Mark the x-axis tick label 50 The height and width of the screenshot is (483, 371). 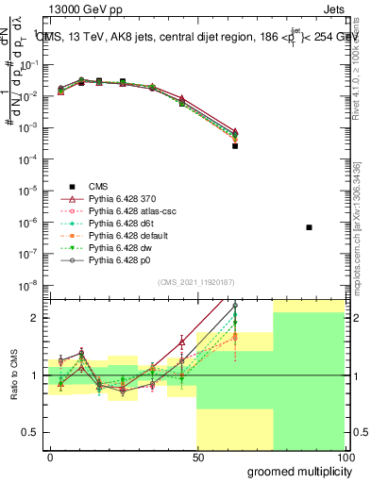(x=198, y=457)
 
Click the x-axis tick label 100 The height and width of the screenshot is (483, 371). (x=344, y=457)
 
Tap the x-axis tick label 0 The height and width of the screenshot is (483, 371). (x=50, y=457)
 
